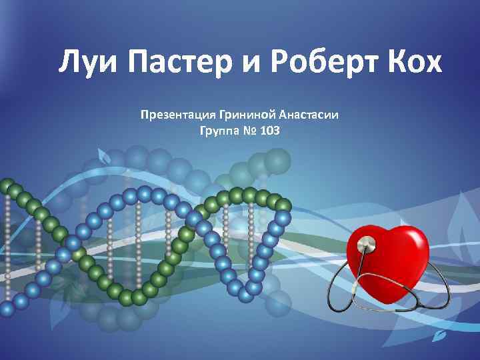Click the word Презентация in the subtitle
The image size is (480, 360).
coord(175,115)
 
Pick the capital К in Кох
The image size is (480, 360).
coord(393,63)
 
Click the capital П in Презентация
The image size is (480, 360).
coord(144,115)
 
